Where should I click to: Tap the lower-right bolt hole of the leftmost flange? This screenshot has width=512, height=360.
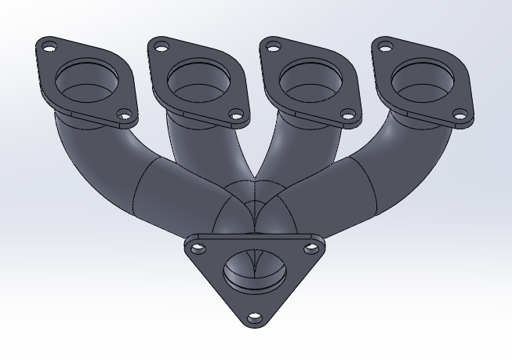pos(122,118)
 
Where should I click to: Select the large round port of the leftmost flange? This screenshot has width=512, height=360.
pos(86,79)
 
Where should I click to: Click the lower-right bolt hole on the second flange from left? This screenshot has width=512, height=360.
pos(234,118)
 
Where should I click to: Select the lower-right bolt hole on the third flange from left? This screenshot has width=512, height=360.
pos(347,118)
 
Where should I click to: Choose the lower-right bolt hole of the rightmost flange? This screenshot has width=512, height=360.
pos(459,118)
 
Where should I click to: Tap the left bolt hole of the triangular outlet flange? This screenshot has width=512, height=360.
pos(197,248)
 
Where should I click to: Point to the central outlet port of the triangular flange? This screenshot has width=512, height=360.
pos(252,271)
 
